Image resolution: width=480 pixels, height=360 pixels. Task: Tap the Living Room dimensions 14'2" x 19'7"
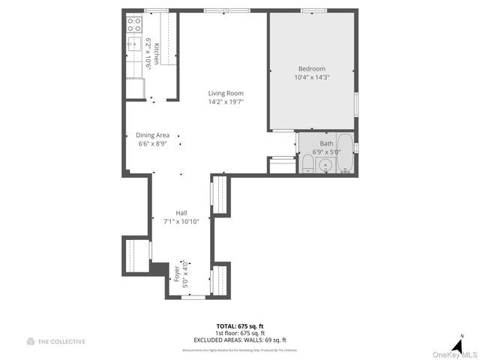click(226, 102)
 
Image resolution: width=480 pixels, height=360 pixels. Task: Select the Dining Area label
click(153, 135)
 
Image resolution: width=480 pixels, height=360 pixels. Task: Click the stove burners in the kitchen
click(134, 25)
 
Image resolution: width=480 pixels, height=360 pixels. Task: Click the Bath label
click(326, 143)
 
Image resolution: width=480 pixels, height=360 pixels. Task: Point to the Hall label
click(181, 212)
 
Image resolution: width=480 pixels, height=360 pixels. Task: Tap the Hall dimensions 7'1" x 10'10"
click(181, 221)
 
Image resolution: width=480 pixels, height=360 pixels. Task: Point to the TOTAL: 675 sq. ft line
click(239, 326)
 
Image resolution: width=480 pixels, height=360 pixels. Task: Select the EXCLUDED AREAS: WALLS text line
click(240, 340)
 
